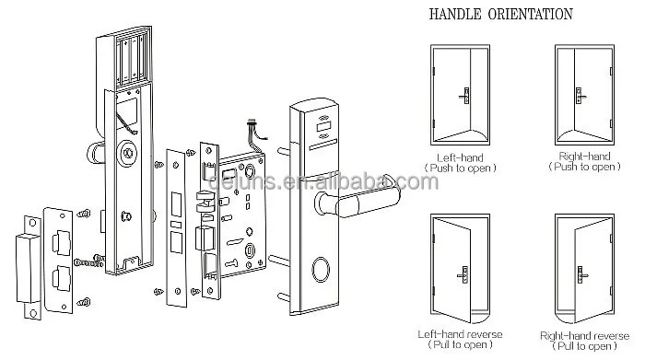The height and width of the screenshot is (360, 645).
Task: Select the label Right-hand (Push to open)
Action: pos(586,160)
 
